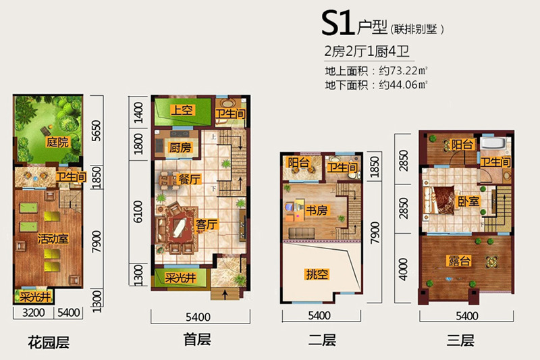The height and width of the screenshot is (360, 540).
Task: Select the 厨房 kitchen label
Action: tap(182, 147)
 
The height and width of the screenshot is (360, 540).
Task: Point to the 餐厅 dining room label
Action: tap(189, 180)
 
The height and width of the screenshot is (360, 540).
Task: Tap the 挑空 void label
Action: tap(317, 275)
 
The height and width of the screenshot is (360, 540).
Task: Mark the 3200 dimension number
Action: tap(33, 313)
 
